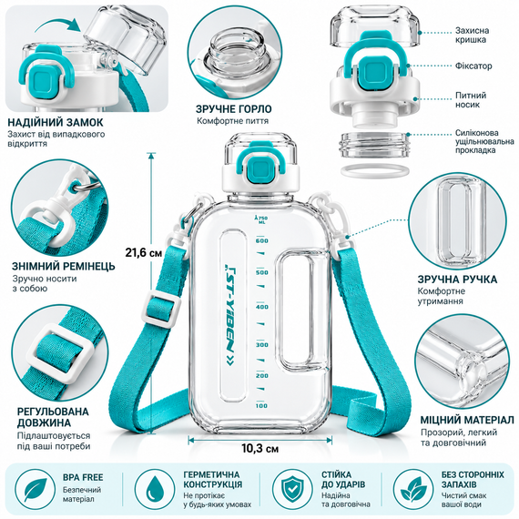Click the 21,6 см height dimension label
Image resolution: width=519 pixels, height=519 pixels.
click(x=144, y=253)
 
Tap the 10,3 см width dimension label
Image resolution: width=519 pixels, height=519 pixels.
click(x=259, y=449)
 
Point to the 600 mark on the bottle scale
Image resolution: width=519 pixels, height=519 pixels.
click(x=262, y=240)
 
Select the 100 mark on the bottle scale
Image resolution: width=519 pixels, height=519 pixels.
click(x=261, y=406)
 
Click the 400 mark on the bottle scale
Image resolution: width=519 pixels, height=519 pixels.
click(x=262, y=307)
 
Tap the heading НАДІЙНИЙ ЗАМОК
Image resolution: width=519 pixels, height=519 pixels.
click(x=56, y=122)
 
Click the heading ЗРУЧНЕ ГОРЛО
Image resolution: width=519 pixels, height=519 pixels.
click(x=234, y=109)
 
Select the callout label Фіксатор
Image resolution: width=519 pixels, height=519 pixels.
click(x=473, y=66)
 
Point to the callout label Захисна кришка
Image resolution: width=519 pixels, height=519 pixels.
click(x=472, y=36)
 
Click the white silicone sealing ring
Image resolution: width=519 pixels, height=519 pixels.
click(x=373, y=171)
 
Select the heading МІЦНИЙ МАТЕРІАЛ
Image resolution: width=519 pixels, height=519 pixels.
click(x=467, y=420)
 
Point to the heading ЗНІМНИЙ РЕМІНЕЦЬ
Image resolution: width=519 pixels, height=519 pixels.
click(x=64, y=266)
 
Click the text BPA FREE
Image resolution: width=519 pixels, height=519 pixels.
click(x=83, y=477)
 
